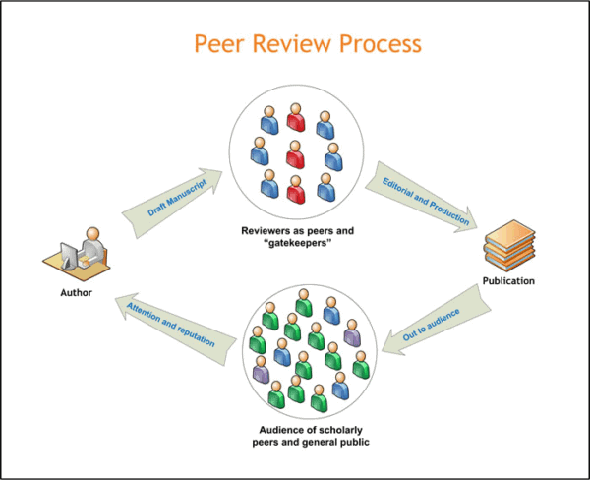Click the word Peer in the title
217,44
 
